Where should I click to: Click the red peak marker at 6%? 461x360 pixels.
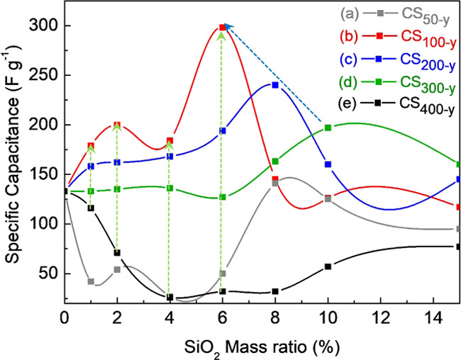click(x=223, y=28)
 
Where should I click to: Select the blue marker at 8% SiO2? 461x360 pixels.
click(x=275, y=85)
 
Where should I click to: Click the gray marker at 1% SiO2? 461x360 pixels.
click(x=91, y=281)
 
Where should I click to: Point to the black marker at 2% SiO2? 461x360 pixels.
click(x=117, y=252)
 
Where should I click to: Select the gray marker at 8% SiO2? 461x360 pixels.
click(x=275, y=183)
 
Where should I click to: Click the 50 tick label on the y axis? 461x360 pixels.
click(x=49, y=274)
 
